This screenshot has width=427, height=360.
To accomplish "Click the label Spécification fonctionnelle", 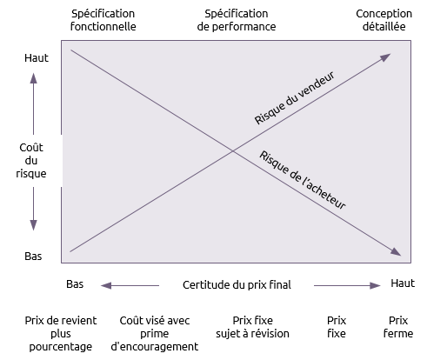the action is [103, 20].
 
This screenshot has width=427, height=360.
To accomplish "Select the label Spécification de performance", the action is [237, 20].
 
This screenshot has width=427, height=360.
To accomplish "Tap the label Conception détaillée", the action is [384, 20].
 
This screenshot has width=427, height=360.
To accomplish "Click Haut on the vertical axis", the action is [37, 58].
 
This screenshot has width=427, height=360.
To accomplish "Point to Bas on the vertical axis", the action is [33, 257].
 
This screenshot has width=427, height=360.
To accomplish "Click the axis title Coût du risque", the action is [31, 160].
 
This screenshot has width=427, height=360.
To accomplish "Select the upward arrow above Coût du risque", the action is [33, 103].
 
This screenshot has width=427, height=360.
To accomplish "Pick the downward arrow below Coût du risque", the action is [33, 209].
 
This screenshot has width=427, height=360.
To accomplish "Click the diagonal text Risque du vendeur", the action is [295, 97].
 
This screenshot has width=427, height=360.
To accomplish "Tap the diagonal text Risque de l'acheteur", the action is [303, 180].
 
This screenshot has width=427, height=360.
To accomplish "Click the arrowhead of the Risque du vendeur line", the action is [386, 57].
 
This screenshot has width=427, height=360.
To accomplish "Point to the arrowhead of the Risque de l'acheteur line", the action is [397, 252].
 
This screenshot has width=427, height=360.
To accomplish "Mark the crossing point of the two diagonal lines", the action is [233, 150].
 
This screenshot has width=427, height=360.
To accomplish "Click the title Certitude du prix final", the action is [237, 285].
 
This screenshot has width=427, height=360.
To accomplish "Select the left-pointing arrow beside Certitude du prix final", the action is [130, 285].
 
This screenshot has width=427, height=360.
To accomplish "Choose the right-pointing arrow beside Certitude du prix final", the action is [347, 285].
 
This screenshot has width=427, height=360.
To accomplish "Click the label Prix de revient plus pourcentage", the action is [61, 334].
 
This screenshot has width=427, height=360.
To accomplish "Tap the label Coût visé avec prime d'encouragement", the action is [155, 334].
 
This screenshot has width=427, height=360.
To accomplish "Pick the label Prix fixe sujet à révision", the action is [252, 327].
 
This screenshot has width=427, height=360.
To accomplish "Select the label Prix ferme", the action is [398, 327].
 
